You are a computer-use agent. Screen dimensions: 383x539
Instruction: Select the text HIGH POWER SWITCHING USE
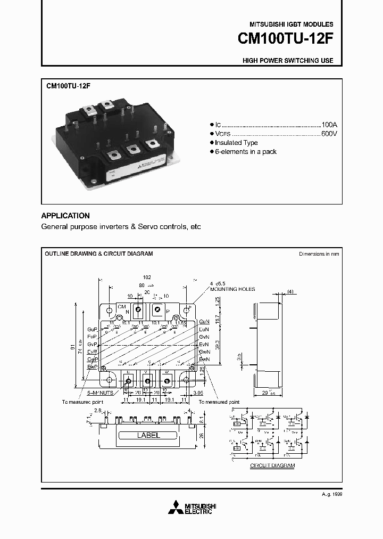(288, 61)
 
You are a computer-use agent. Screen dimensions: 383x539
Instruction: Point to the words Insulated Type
(237, 143)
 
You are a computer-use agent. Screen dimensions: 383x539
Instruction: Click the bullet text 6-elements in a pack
(246, 152)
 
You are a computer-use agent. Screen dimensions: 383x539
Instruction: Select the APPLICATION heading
(65, 216)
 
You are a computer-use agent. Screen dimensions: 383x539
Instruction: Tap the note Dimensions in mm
(319, 254)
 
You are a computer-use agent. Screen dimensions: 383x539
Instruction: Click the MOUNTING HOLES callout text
(232, 289)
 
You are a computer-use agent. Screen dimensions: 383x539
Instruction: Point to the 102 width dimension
(147, 277)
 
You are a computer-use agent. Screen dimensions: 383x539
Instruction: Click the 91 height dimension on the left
(73, 347)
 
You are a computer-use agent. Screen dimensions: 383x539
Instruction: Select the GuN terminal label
(204, 322)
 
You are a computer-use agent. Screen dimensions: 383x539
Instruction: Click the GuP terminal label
(93, 330)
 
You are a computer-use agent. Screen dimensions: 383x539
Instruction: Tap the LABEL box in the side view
(148, 435)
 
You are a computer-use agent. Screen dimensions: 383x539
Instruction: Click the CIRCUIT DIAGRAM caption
(272, 466)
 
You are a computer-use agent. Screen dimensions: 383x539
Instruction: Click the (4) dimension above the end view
(290, 291)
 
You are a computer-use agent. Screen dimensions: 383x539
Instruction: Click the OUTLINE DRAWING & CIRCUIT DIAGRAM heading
(99, 254)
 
